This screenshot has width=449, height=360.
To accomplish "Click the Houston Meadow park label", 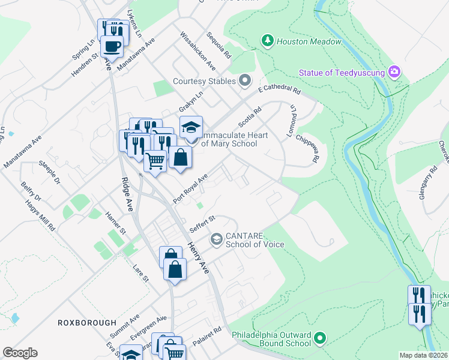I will pos(309,41).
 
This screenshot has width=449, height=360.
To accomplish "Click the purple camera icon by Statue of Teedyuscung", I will pos(394,72).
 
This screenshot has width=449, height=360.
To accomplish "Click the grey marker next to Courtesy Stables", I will pos(244,80).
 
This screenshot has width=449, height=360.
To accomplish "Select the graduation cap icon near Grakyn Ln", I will pos(191,127).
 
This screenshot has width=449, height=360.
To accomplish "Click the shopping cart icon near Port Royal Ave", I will pos(155,160).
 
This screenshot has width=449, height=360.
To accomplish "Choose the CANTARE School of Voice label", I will pos(254,239).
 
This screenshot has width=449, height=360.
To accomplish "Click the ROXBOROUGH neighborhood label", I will pos(86,323).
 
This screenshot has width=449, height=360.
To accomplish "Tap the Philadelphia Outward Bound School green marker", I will pos(319,339).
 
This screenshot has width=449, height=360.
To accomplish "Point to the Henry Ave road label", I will pos(198,257).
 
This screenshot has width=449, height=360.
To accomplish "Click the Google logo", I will pos(20,352).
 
